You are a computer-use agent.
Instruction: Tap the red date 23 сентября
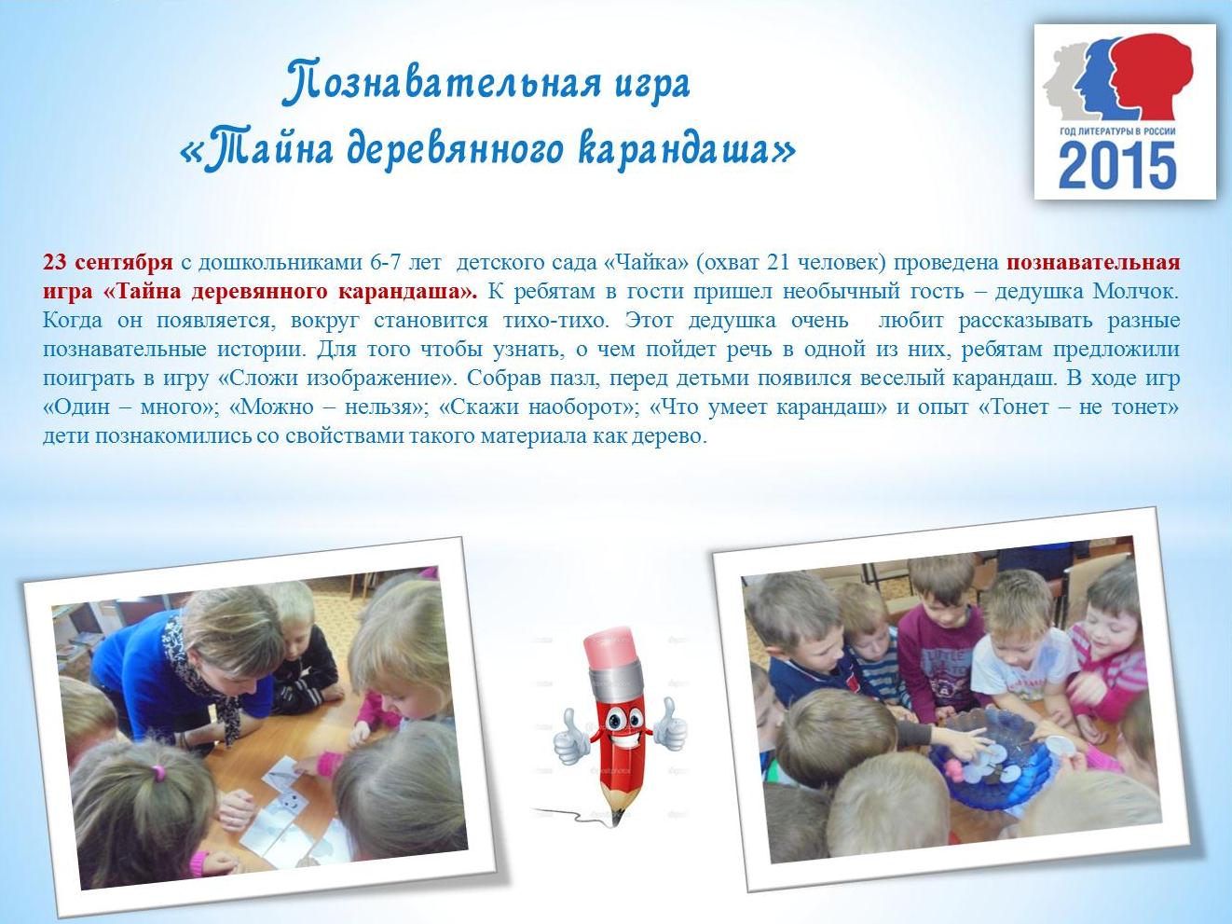(108, 262)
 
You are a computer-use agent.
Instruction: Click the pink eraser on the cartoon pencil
(610, 650)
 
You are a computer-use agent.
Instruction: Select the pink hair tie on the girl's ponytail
(158, 772)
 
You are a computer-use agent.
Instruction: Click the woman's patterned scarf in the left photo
(205, 673)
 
